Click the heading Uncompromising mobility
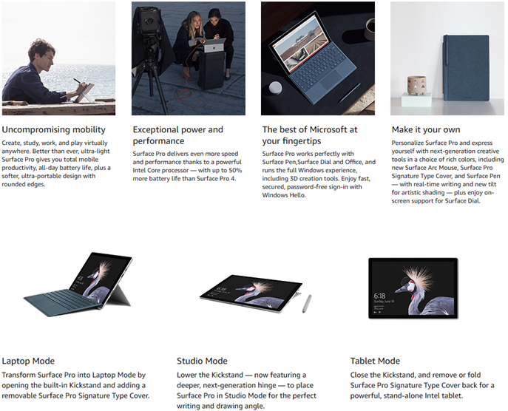coord(54,129)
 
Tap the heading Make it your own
coord(426,129)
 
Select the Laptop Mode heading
coord(28,361)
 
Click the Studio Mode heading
coord(202,361)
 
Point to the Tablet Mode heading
coord(375,361)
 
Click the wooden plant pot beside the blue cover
coord(416,85)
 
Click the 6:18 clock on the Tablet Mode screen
coord(379,296)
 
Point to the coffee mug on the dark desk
coord(370,29)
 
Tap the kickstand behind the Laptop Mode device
coord(119,296)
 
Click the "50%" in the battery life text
coord(235,170)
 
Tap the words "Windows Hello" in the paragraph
coord(283,195)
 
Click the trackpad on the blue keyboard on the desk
coord(330,83)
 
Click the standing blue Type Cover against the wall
coord(466,67)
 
